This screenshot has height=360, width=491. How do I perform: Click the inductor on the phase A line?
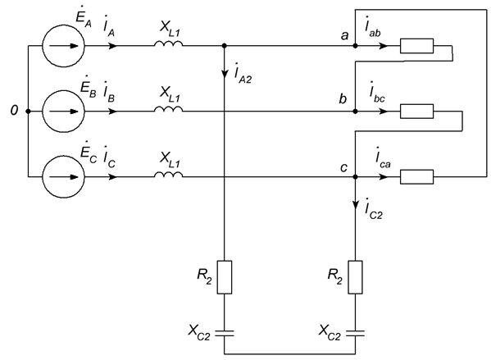(x=168, y=44)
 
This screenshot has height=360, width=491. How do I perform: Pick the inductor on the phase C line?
(x=168, y=175)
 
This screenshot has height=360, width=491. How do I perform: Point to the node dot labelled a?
(x=355, y=46)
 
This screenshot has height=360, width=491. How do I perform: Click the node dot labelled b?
(x=355, y=112)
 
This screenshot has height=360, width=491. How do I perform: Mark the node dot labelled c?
(x=355, y=176)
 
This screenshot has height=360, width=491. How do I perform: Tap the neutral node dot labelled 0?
(x=28, y=112)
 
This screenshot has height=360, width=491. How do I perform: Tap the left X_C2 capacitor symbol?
(x=225, y=333)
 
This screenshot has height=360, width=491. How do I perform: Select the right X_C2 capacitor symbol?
(x=356, y=333)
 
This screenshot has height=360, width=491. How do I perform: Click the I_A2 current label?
(x=243, y=75)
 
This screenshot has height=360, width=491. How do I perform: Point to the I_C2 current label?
(x=374, y=209)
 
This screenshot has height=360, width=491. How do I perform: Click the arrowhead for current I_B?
(x=112, y=112)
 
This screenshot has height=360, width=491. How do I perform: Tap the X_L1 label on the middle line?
(x=170, y=94)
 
